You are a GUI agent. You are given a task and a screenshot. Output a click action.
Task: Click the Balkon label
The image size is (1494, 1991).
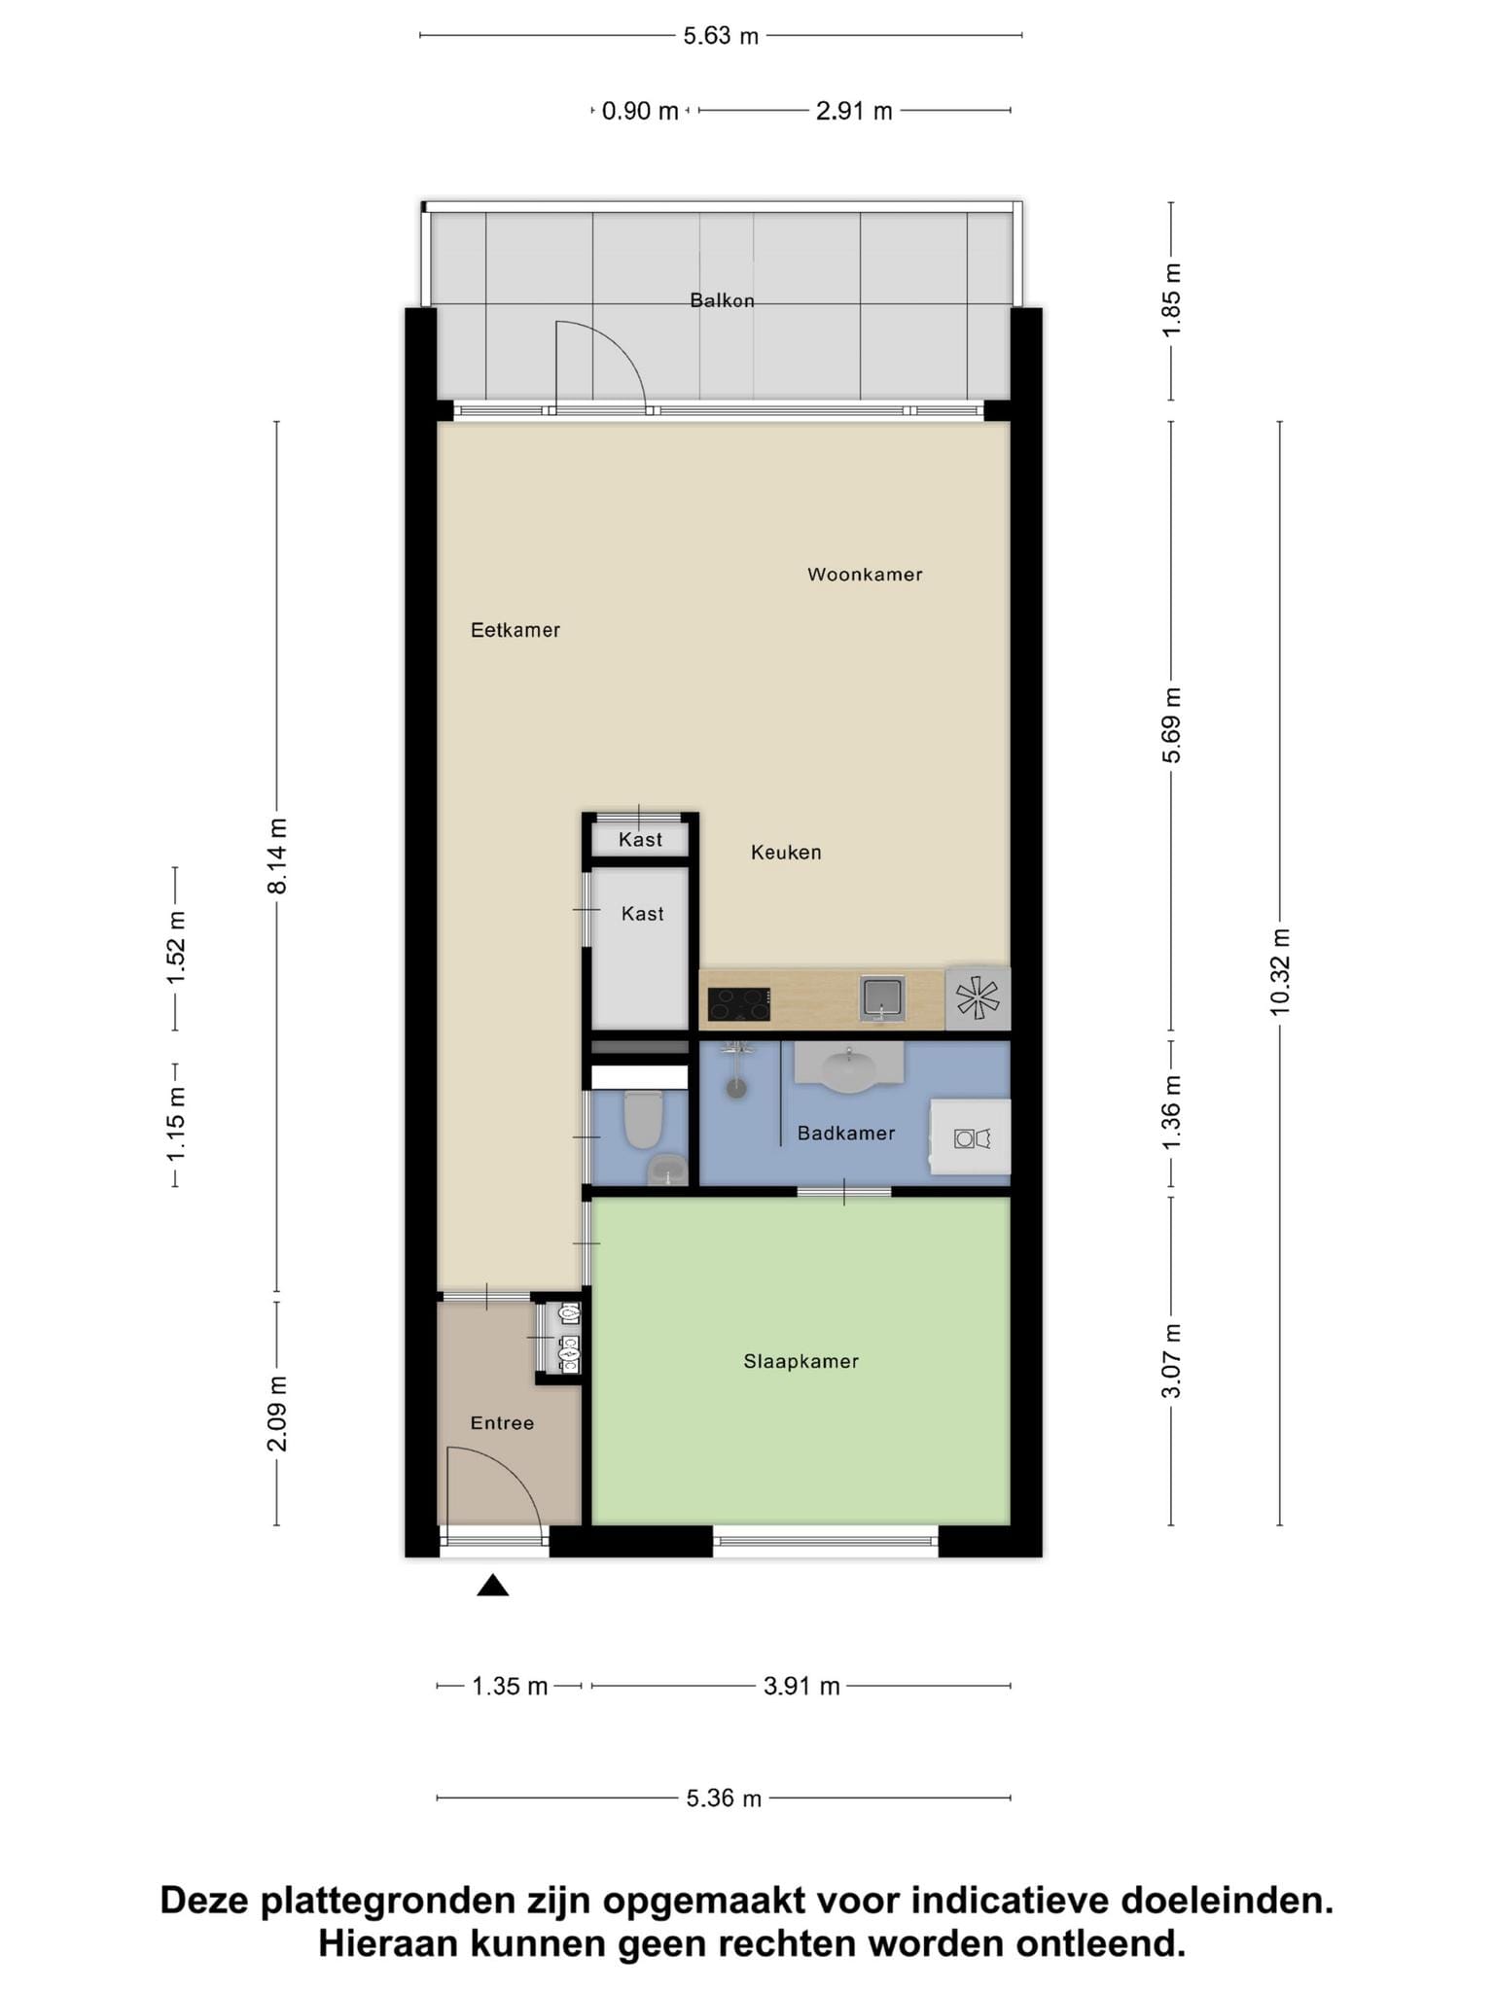[x=722, y=300]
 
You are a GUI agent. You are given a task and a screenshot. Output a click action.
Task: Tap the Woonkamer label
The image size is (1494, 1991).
[x=865, y=575]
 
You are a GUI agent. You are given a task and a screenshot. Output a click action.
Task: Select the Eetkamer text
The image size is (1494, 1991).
[x=516, y=630]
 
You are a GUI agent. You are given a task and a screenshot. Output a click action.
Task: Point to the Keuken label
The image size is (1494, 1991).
[x=786, y=853]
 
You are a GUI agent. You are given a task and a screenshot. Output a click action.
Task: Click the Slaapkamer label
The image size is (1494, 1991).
[x=801, y=1361]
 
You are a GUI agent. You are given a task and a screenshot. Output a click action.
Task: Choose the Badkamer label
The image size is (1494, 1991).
[x=846, y=1133]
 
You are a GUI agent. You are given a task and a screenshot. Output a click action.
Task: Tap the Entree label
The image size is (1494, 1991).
[x=502, y=1423]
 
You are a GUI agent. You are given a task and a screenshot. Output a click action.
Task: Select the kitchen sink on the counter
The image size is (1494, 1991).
[x=882, y=997]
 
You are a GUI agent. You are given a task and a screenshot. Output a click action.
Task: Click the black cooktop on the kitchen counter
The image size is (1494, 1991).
[x=739, y=1004]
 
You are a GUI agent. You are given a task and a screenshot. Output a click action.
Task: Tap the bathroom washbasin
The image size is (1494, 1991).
[x=849, y=1066]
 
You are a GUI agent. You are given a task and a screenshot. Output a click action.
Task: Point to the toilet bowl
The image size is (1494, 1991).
[x=642, y=1119]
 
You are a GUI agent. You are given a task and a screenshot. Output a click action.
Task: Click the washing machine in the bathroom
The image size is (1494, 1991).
[x=971, y=1136]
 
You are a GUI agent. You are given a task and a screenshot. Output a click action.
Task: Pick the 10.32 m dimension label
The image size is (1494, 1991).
[x=1279, y=972]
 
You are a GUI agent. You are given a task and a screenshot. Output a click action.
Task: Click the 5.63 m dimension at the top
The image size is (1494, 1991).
[x=721, y=36]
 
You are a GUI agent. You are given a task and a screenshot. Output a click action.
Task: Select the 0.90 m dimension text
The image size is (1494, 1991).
[x=640, y=111]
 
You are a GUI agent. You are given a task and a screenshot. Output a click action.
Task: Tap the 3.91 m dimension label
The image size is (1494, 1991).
[x=801, y=1686]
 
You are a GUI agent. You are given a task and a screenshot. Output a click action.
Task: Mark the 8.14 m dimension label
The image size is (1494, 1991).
[x=277, y=856]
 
